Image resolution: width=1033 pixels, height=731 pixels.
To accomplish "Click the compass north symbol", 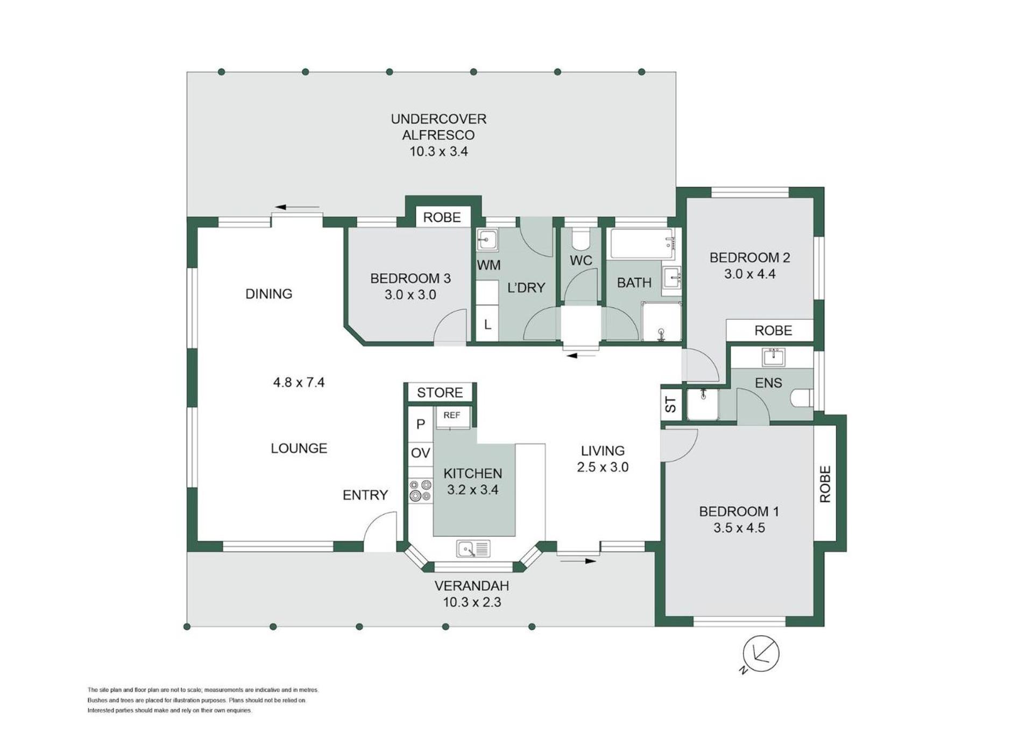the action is pyautogui.click(x=761, y=653).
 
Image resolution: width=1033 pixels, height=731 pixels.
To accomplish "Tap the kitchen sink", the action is pyautogui.click(x=473, y=549).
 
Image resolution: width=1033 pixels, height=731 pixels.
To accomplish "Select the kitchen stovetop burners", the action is pyautogui.click(x=420, y=490).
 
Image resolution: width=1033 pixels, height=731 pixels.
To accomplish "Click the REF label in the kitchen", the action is pyautogui.click(x=452, y=415).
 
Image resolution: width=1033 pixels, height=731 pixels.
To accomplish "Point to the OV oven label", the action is pyautogui.click(x=420, y=453).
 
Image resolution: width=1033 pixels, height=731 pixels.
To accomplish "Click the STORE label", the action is pyautogui.click(x=440, y=392).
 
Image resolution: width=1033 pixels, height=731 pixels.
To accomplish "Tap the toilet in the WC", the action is pyautogui.click(x=580, y=237).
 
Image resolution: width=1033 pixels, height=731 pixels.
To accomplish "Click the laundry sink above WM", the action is pyautogui.click(x=487, y=240).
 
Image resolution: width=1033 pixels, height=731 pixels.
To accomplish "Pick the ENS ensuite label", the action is pyautogui.click(x=768, y=383).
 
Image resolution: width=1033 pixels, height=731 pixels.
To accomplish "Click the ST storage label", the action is pyautogui.click(x=670, y=404).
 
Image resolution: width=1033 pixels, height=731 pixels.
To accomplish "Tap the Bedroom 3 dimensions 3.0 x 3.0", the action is pyautogui.click(x=410, y=294).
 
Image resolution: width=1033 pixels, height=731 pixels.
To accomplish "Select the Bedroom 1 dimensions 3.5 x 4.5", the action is pyautogui.click(x=739, y=528).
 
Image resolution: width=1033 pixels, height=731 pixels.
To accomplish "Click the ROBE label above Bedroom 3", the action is pyautogui.click(x=442, y=217).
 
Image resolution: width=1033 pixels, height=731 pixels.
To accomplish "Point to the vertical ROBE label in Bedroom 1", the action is pyautogui.click(x=825, y=484).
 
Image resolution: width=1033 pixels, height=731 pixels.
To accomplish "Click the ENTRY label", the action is pyautogui.click(x=365, y=495).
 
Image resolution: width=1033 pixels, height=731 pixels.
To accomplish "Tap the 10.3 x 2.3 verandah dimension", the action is pyautogui.click(x=472, y=602).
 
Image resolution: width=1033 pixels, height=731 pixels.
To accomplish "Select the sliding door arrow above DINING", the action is pyautogui.click(x=297, y=207).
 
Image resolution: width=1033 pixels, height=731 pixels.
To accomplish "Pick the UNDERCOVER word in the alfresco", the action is pyautogui.click(x=438, y=118).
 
